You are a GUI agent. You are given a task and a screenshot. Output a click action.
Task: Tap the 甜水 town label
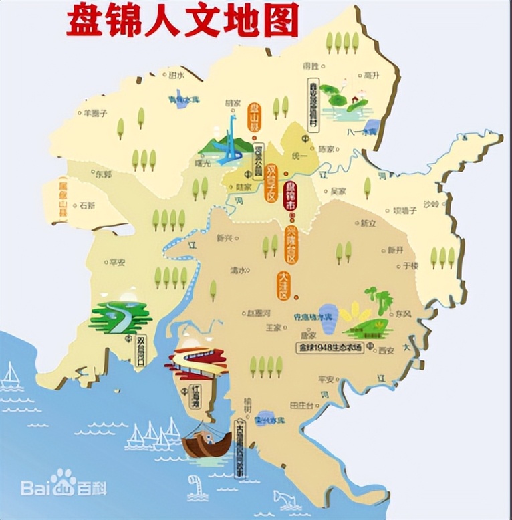(x=176, y=75)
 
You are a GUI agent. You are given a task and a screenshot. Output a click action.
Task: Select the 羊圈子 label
(x=94, y=113)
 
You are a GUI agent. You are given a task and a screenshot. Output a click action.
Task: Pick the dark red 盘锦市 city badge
(x=289, y=197)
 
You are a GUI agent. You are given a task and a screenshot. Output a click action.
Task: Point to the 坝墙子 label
(x=405, y=210)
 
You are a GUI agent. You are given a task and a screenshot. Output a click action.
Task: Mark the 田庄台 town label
(x=302, y=405)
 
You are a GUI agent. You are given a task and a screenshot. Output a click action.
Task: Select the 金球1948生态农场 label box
(x=331, y=348)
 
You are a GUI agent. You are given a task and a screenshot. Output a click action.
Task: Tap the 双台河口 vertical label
(x=140, y=350)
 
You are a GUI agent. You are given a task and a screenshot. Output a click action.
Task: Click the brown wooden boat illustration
(x=207, y=443)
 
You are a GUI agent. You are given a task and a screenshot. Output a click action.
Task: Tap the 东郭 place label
(x=104, y=174)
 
